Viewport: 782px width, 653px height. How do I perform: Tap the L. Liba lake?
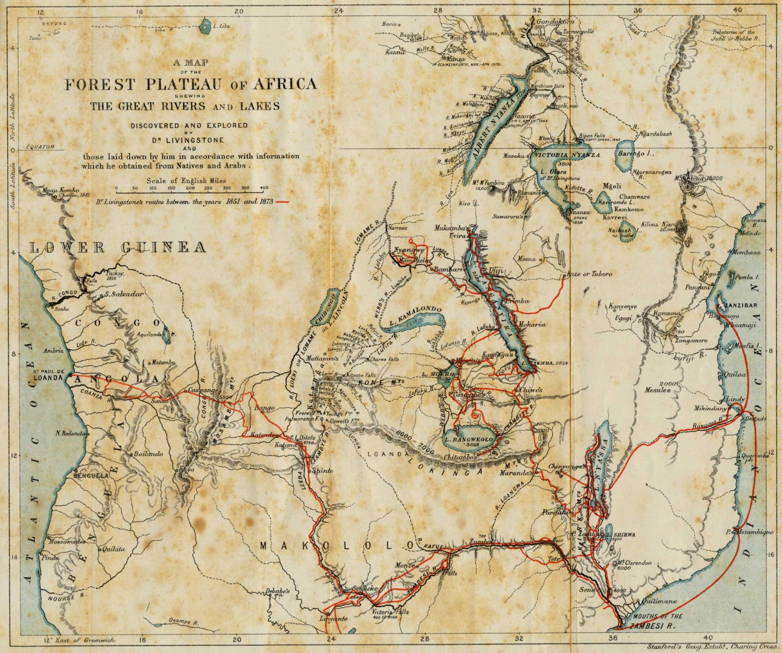[x=204, y=26]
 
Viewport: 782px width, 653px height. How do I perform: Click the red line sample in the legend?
[x=282, y=202]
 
